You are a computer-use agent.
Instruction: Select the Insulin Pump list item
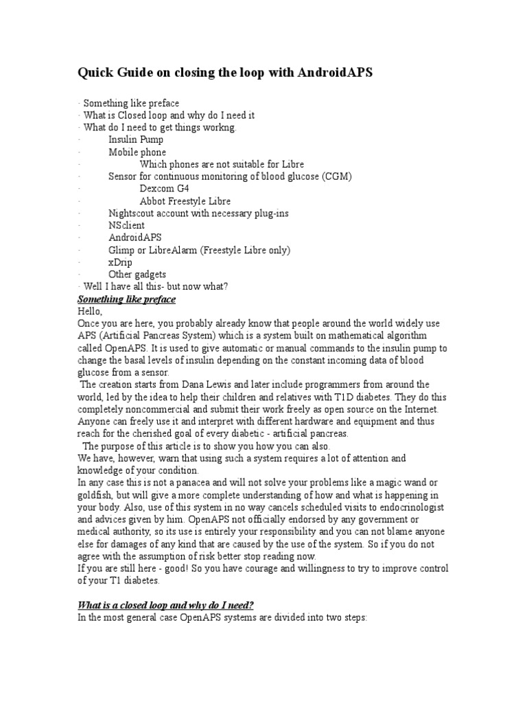(x=136, y=139)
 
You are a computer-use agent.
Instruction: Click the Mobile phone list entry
(x=137, y=152)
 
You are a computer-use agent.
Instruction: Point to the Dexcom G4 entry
(x=164, y=189)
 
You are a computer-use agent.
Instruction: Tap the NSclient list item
(x=127, y=225)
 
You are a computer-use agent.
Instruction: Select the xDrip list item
(x=120, y=262)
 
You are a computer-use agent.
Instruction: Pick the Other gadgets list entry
(x=137, y=275)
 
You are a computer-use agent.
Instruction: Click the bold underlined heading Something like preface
(x=126, y=299)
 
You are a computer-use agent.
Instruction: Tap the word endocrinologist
(x=408, y=507)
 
